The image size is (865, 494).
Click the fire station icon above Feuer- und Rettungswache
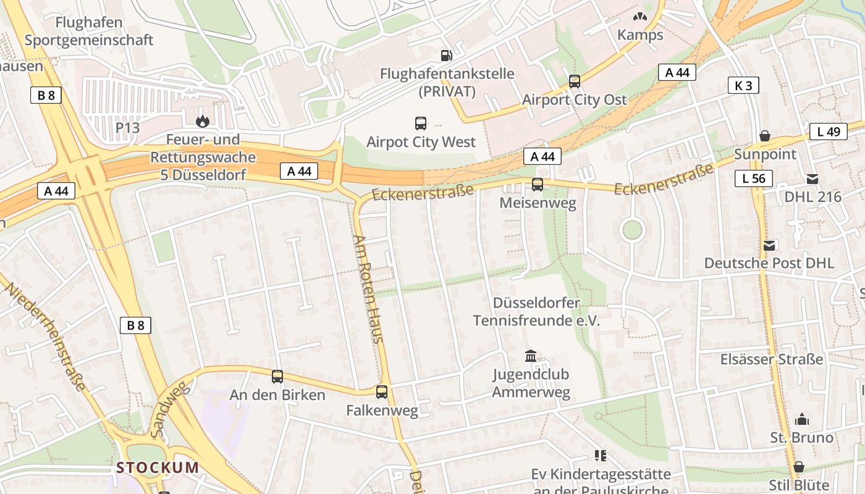point(202,122)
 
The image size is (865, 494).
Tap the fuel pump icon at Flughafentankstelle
point(446,56)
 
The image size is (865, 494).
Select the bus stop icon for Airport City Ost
point(575,82)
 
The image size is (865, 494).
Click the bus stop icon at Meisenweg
point(538,184)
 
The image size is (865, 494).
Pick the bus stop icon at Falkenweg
point(382,391)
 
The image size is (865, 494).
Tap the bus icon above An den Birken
point(277,376)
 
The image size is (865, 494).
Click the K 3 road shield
point(743,85)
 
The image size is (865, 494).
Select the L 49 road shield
point(828,132)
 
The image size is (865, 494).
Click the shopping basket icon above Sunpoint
point(765,136)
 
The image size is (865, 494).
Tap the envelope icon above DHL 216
point(812,179)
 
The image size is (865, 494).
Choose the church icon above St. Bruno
point(802,420)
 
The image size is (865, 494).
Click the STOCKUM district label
point(158,467)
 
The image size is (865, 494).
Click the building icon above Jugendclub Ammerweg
point(531,356)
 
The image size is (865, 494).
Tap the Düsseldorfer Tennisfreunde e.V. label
point(536,312)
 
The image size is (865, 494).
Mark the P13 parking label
point(128,128)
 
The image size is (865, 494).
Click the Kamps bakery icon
point(640,17)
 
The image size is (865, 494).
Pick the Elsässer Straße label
point(772,359)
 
